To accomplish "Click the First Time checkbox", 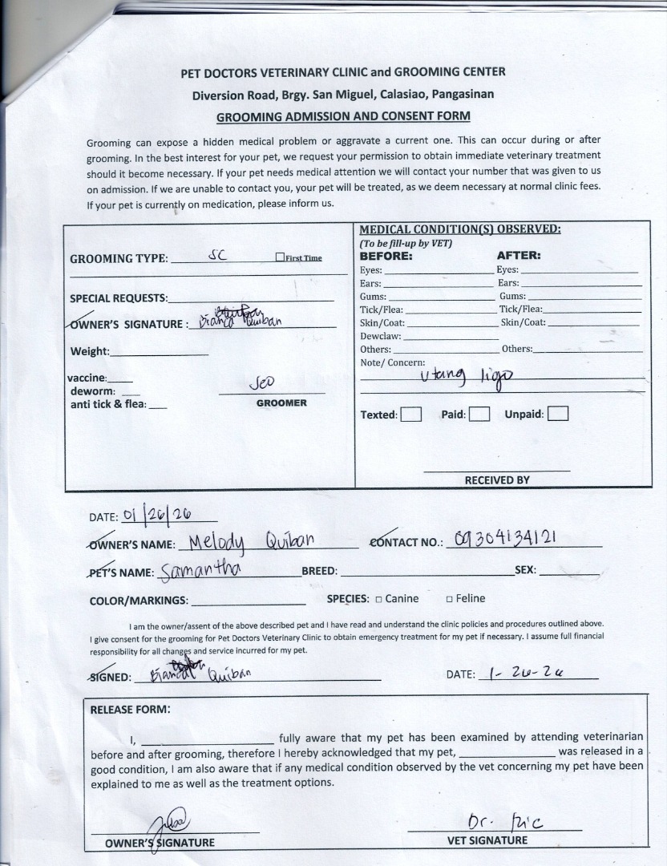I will click(x=280, y=257).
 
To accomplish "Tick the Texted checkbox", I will click(x=411, y=415).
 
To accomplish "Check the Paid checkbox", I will click(x=479, y=415).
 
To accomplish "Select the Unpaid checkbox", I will click(x=558, y=415).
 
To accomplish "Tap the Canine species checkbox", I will click(x=378, y=599).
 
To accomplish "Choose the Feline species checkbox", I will click(x=450, y=599).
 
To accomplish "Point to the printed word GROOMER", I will click(x=281, y=403).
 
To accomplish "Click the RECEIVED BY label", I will click(x=497, y=480).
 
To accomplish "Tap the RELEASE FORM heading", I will click(x=130, y=710).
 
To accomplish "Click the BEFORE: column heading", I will click(x=386, y=257).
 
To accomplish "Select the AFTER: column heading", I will click(x=519, y=257).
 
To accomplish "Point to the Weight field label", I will click(x=90, y=351).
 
